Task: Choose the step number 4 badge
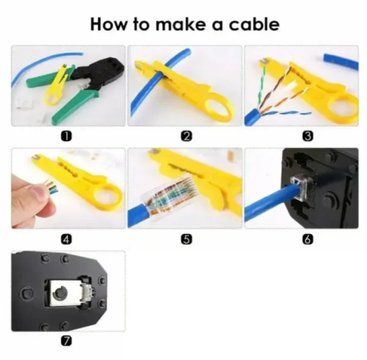(69, 239)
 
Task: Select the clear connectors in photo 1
(28, 104)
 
